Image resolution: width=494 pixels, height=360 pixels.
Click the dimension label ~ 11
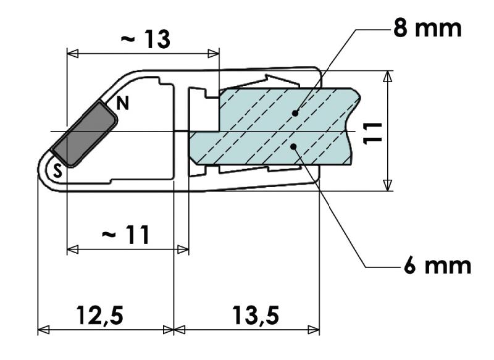click(125, 235)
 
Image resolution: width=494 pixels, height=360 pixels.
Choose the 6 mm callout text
click(438, 266)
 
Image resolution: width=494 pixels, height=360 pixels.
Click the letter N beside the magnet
click(123, 104)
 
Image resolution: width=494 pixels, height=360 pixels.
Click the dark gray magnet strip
click(83, 134)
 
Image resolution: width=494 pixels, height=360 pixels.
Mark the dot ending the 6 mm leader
click(295, 145)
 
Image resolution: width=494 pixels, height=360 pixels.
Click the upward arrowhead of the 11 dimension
click(387, 76)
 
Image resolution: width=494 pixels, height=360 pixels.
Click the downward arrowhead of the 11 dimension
click(387, 185)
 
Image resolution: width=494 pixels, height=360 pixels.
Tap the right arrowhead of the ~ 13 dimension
click(214, 54)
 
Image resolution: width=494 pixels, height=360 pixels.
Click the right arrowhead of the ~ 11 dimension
click(183, 249)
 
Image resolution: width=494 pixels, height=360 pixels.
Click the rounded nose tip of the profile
click(40, 170)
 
